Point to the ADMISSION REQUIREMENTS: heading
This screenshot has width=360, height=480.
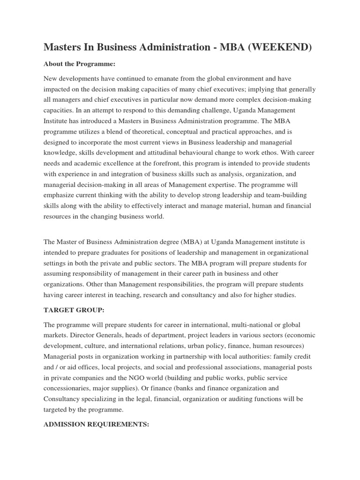click(96, 424)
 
